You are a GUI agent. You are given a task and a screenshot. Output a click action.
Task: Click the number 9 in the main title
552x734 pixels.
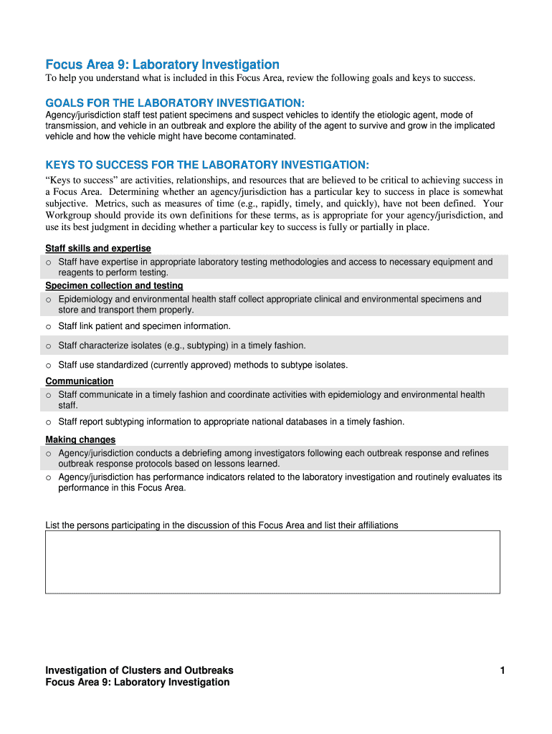[x=111, y=65]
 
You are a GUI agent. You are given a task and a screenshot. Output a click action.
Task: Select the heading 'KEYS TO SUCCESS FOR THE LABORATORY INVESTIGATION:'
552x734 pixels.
[x=207, y=164]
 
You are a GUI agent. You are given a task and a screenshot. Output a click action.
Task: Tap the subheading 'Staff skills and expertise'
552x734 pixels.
[x=98, y=249]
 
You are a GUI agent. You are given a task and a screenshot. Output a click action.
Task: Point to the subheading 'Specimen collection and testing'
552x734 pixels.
[x=114, y=286]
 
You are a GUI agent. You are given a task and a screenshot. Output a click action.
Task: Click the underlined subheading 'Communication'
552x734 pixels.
[x=80, y=381]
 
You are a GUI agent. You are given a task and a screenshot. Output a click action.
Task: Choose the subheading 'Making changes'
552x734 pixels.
[x=80, y=439]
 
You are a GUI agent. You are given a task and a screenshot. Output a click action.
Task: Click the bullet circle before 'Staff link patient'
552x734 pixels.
[x=49, y=327]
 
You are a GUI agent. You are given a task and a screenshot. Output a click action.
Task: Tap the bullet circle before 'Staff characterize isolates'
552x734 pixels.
[x=49, y=346]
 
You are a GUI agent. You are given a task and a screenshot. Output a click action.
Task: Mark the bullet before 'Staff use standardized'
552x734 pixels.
[x=49, y=366]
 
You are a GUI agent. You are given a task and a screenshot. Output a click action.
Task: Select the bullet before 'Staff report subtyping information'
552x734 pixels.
[x=49, y=422]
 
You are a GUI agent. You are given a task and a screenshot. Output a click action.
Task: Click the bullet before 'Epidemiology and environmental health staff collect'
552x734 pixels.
[x=49, y=300]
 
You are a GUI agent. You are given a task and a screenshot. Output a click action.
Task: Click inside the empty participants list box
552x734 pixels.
[x=272, y=562]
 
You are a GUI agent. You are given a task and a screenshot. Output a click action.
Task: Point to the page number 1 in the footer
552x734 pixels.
[x=503, y=671]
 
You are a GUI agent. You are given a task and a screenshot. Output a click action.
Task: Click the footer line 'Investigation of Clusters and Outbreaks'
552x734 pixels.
[x=139, y=671]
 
